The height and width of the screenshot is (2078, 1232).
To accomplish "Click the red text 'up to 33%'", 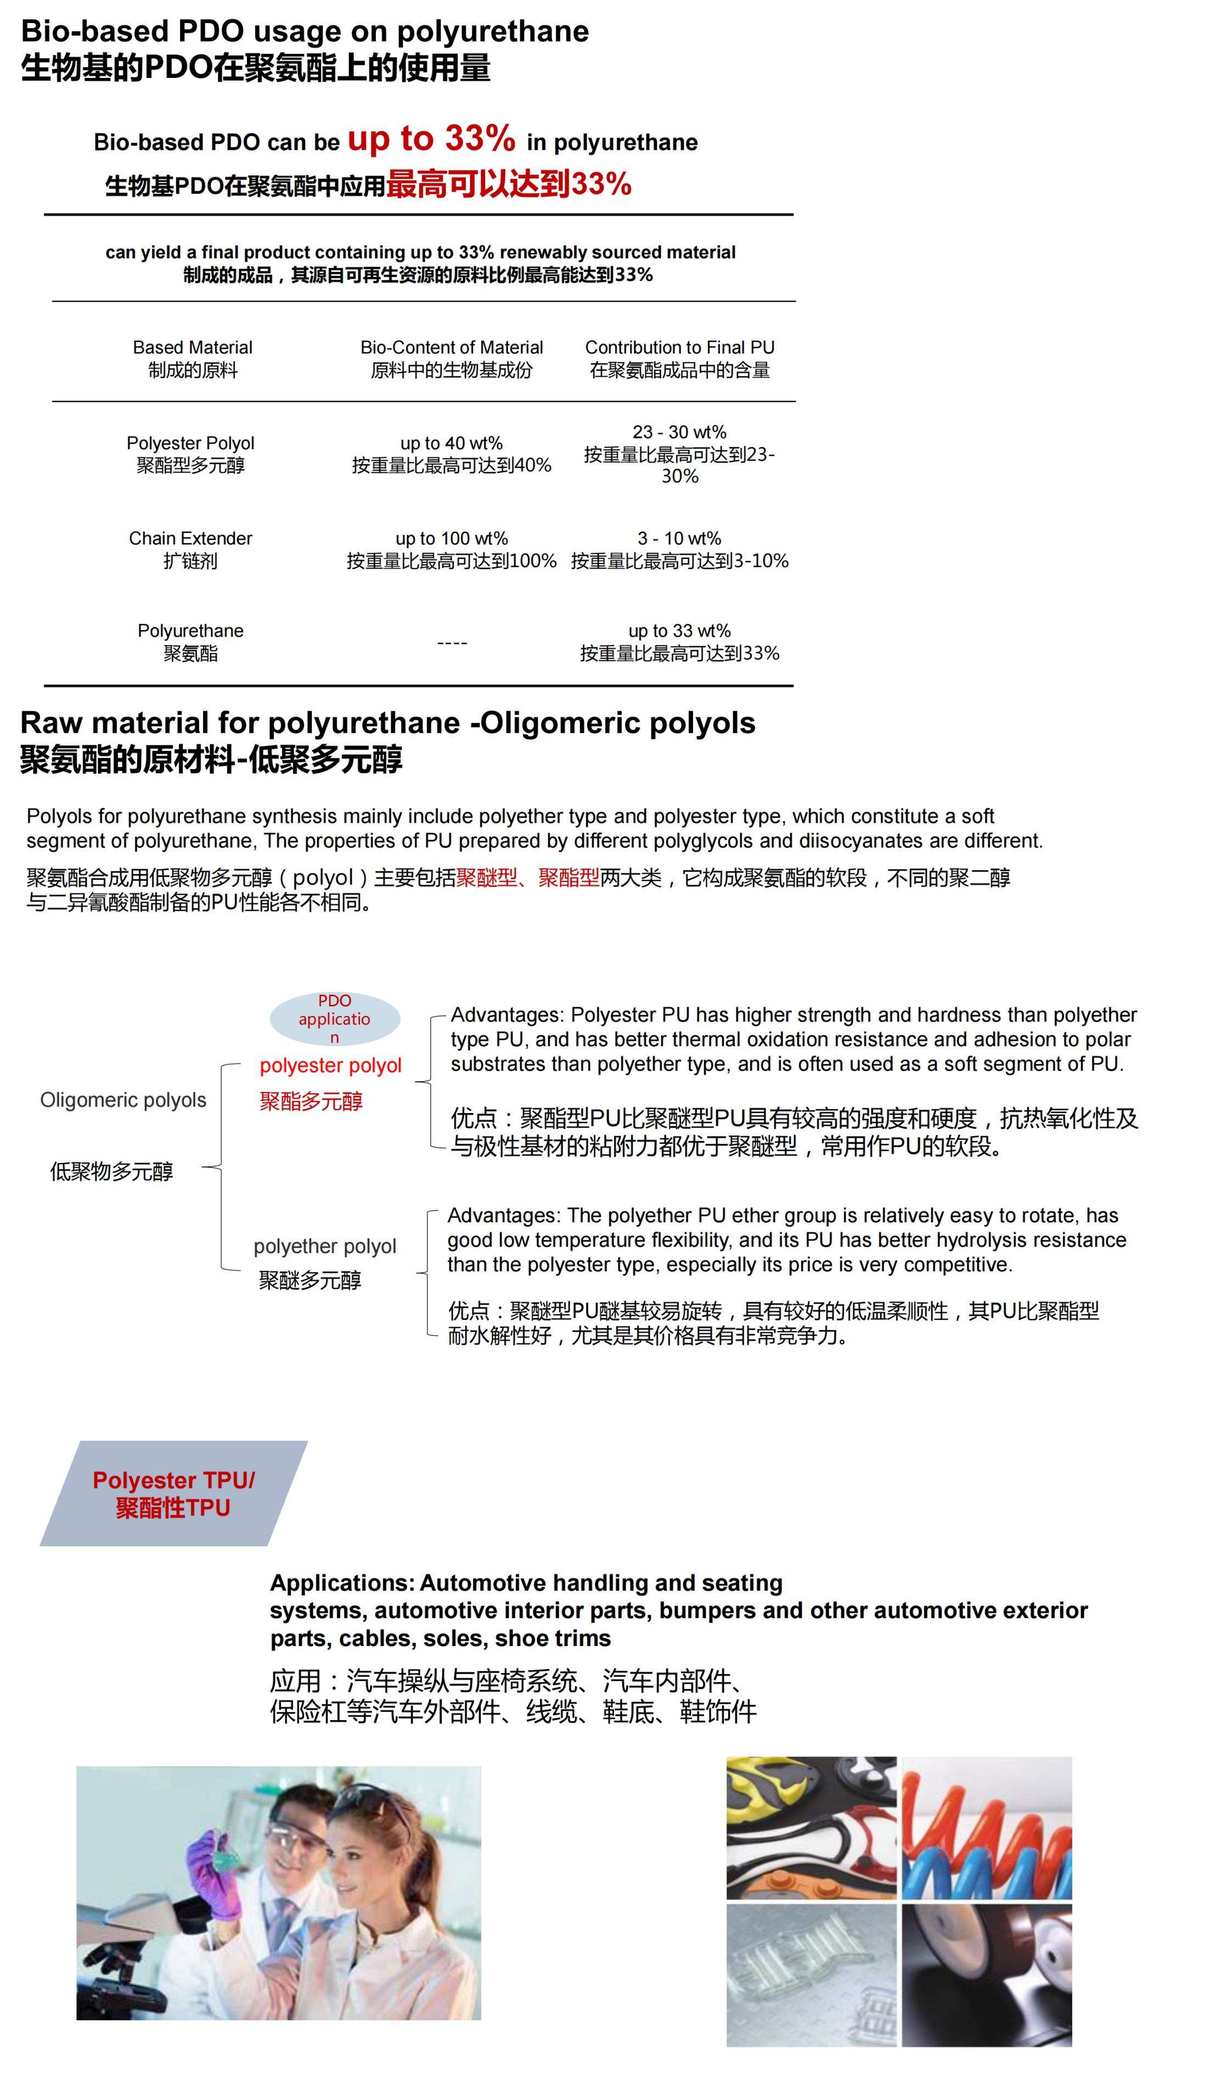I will [431, 139].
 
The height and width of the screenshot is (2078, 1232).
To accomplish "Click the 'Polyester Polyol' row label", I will [190, 443].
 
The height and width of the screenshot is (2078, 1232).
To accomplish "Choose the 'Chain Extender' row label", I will [190, 538].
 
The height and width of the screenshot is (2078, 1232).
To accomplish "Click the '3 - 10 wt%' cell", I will [679, 538].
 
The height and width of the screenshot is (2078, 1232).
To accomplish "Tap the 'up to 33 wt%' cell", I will [679, 631].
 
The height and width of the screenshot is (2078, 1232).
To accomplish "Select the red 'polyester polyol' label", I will [330, 1065].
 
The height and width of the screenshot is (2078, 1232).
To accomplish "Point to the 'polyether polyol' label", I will [325, 1246].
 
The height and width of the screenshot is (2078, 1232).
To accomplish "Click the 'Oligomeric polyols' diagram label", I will [123, 1100].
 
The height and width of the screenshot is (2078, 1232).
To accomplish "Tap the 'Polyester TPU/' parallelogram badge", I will [173, 1493].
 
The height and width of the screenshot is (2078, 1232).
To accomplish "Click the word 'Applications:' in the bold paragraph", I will [342, 1583].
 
